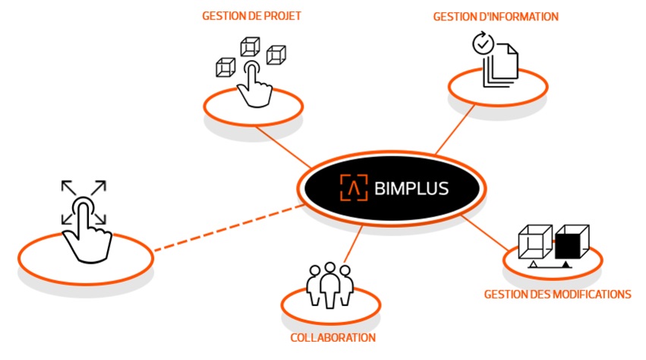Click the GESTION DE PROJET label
coord(251,15)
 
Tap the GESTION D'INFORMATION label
coord(496,16)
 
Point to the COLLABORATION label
coord(333,338)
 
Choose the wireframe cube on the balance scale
coord(534,242)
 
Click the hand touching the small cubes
coord(253,86)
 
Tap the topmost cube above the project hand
coord(250,46)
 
